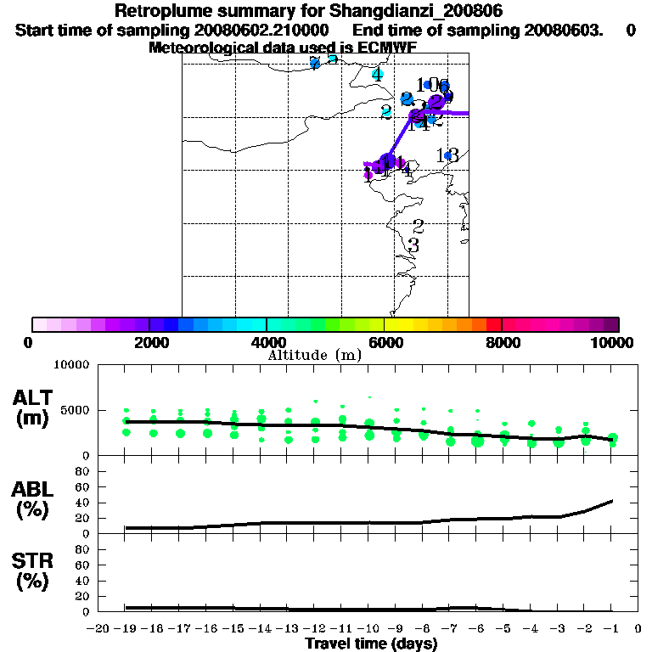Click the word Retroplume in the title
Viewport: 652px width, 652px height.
tap(160, 12)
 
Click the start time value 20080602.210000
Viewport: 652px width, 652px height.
tap(262, 30)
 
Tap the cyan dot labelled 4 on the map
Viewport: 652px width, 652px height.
tap(377, 75)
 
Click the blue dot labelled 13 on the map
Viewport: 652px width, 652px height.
tap(447, 155)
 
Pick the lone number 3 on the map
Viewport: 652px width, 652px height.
tap(413, 245)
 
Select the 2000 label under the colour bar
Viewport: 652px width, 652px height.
tap(149, 342)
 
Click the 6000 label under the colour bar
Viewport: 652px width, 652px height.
tap(384, 342)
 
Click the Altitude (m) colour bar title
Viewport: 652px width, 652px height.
tap(314, 355)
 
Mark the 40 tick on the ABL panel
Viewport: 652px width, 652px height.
tap(83, 503)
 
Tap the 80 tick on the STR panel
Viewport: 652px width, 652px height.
tap(83, 549)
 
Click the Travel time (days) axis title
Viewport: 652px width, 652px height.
tap(371, 644)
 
